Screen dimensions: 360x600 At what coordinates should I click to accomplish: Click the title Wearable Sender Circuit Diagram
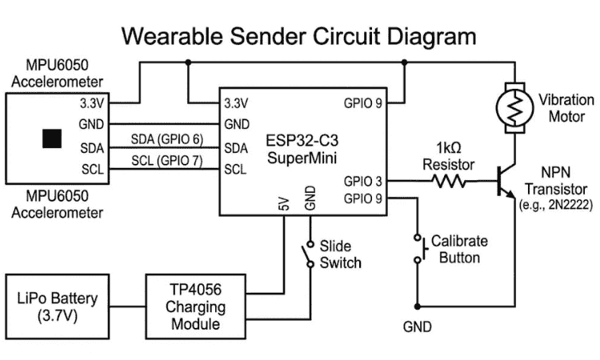(x=298, y=36)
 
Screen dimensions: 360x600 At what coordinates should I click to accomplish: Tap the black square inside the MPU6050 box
(x=53, y=138)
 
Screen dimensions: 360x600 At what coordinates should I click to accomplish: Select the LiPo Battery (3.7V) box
(x=58, y=307)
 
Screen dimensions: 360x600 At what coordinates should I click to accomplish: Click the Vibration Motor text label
(x=566, y=109)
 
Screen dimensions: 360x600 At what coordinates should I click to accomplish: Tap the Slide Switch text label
(x=340, y=254)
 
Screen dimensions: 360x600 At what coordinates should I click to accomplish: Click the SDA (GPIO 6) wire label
(x=167, y=139)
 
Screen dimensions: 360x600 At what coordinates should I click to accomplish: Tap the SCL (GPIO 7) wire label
(x=167, y=161)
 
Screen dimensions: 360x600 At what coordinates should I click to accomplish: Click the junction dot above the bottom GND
(x=417, y=306)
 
